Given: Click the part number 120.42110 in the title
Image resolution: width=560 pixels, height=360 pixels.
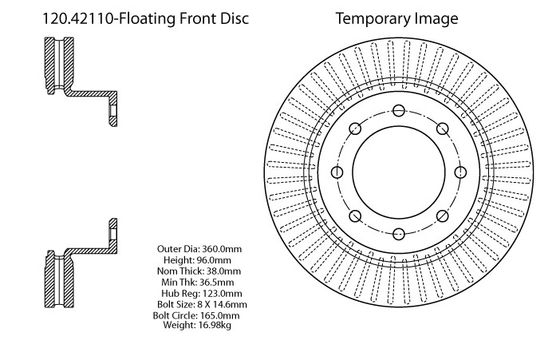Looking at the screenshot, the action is pyautogui.click(x=78, y=18).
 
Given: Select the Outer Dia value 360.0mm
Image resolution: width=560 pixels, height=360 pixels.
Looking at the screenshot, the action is pyautogui.click(x=222, y=249).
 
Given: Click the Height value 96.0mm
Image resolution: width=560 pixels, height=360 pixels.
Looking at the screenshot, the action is pyautogui.click(x=214, y=260).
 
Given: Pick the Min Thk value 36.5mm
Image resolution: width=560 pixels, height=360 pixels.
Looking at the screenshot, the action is pyautogui.click(x=217, y=282).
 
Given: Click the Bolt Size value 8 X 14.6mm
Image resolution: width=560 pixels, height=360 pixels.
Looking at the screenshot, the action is pyautogui.click(x=222, y=304).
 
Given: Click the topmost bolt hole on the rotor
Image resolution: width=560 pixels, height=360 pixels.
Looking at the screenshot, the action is pyautogui.click(x=399, y=111).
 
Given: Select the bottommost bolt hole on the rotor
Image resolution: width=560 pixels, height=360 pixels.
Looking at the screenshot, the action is pyautogui.click(x=399, y=234).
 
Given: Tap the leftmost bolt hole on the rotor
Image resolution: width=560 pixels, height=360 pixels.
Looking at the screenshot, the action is pyautogui.click(x=337, y=172).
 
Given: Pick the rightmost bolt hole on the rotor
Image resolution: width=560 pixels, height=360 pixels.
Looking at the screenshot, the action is pyautogui.click(x=460, y=172).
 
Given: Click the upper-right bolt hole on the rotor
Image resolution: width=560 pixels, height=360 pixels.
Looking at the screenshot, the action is pyautogui.click(x=442, y=129).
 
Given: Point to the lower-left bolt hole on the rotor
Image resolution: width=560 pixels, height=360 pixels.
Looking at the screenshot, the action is pyautogui.click(x=355, y=216).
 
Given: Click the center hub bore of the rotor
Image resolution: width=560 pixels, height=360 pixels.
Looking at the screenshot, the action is pyautogui.click(x=399, y=172).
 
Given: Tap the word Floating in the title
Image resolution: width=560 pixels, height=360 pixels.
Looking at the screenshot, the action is pyautogui.click(x=147, y=19).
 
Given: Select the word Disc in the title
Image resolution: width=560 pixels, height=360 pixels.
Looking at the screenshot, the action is pyautogui.click(x=235, y=18).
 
